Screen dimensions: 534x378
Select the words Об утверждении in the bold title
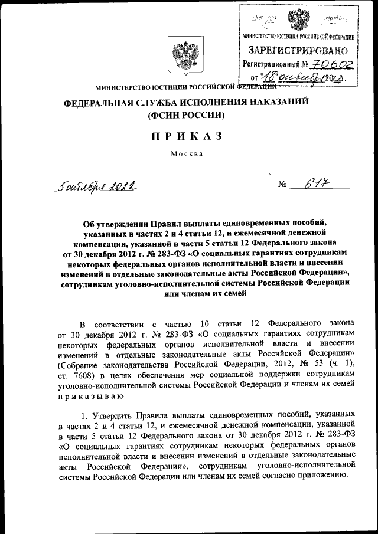(x=112, y=223)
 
